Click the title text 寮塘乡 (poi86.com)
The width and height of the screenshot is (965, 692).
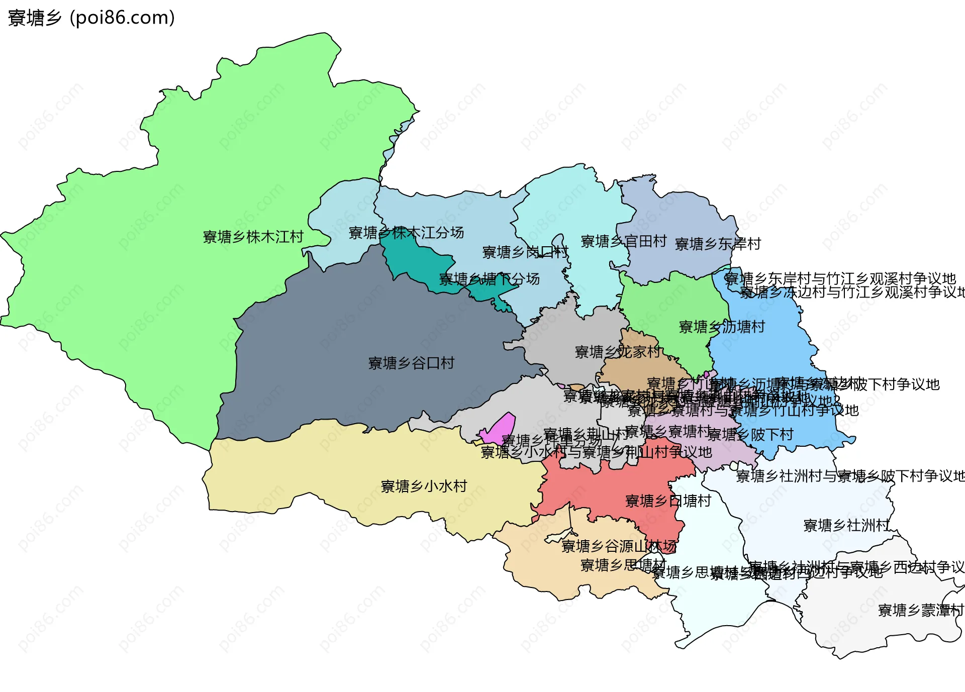[x=91, y=18]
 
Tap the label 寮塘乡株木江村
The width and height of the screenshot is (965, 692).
[x=253, y=237]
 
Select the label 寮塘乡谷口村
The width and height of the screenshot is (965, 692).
[x=411, y=363]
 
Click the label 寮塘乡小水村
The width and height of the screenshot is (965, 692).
[x=424, y=486]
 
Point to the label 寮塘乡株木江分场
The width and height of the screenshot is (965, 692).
[x=406, y=233]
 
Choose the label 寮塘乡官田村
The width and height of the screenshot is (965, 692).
[x=623, y=242]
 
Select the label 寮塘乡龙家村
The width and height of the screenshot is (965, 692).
[x=617, y=352]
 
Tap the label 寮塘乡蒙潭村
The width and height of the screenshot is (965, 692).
[x=920, y=611]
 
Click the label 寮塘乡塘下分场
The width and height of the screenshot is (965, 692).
[x=489, y=279]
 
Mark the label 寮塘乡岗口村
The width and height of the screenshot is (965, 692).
[x=525, y=252]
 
